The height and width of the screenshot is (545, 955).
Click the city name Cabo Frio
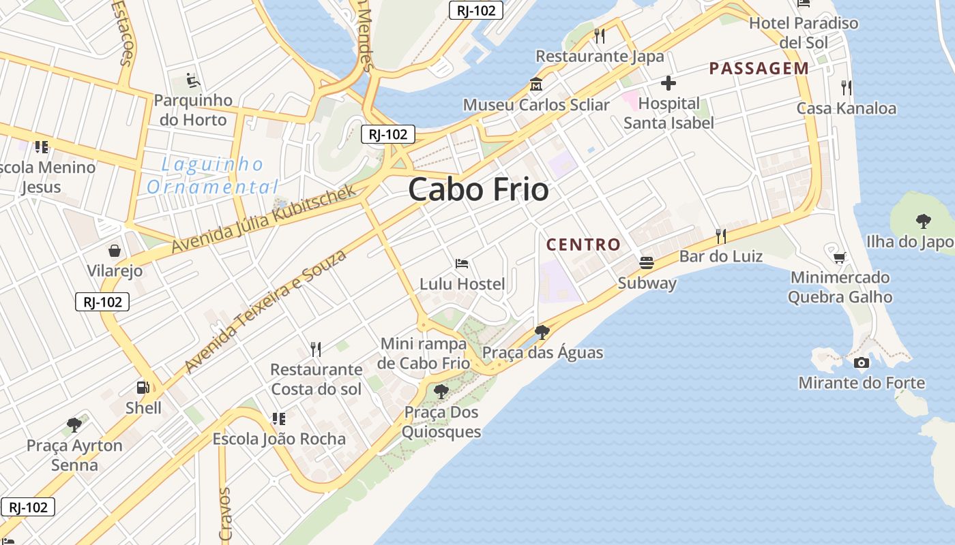click(x=478, y=189)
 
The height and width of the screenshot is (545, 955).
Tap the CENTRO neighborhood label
click(x=583, y=245)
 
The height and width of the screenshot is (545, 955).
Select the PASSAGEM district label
click(x=759, y=68)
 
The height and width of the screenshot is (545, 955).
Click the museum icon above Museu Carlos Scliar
click(x=536, y=86)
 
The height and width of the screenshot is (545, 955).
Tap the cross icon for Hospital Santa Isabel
click(x=668, y=84)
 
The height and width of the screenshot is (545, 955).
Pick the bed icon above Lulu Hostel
click(x=462, y=264)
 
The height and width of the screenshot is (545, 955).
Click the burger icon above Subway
click(x=646, y=262)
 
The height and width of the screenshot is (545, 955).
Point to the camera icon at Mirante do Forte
click(x=862, y=362)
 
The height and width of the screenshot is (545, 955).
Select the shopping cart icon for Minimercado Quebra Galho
click(x=840, y=258)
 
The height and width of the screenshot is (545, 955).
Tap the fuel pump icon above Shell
click(x=143, y=388)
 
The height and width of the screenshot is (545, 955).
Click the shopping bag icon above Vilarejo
click(x=115, y=251)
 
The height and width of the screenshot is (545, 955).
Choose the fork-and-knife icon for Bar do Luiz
click(x=720, y=236)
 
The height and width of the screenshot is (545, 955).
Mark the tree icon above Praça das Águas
click(x=542, y=332)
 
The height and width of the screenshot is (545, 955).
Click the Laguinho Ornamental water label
click(x=213, y=175)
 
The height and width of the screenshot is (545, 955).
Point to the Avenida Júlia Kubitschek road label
click(x=264, y=219)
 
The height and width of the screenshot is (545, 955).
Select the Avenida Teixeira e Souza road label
click(x=265, y=311)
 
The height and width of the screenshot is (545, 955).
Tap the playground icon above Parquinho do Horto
click(x=193, y=81)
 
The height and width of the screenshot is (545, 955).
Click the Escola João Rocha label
click(x=279, y=439)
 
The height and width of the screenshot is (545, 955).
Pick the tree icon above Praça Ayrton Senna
click(x=74, y=425)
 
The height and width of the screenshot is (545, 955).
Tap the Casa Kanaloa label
click(x=846, y=108)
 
